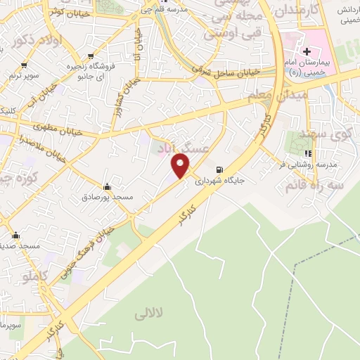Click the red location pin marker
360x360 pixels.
181,166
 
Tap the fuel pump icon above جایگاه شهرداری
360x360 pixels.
220,169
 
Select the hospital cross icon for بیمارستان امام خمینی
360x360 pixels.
307,51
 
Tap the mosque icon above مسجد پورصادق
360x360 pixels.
107,187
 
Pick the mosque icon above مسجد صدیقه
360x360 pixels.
16,236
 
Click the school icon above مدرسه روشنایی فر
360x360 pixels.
307,153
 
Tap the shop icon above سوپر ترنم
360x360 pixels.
25,65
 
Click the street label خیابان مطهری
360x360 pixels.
58,128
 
